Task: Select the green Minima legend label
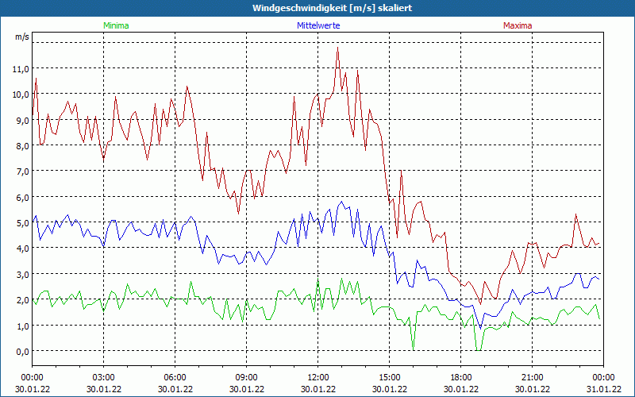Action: click(x=116, y=25)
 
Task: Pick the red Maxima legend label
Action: click(x=518, y=25)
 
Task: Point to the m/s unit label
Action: click(x=21, y=37)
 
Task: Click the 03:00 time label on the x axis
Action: click(x=104, y=377)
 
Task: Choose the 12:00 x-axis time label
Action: click(x=318, y=377)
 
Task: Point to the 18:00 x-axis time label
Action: click(x=461, y=377)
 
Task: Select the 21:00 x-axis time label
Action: click(x=533, y=377)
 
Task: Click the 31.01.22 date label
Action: click(x=603, y=389)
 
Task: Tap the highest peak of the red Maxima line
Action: click(x=338, y=48)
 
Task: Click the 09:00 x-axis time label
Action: click(x=247, y=377)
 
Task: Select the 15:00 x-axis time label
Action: click(x=390, y=377)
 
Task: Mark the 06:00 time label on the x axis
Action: click(x=175, y=377)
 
